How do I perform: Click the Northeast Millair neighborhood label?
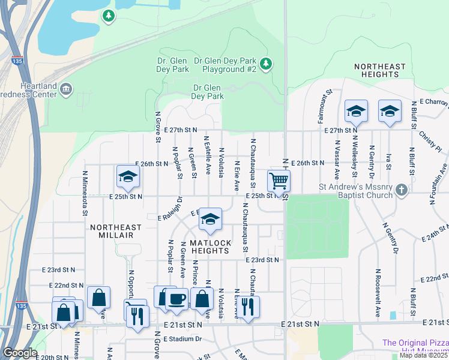[116, 232]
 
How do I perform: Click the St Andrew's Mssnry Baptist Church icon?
[402, 190]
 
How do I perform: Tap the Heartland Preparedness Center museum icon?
[66, 89]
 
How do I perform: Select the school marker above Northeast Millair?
[128, 176]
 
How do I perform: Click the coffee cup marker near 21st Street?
[176, 298]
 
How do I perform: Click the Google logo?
[20, 353]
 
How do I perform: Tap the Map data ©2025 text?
[423, 355]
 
